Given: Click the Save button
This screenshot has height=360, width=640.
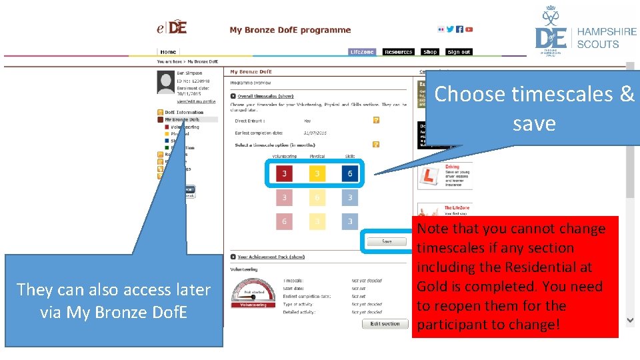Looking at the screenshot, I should click(387, 242).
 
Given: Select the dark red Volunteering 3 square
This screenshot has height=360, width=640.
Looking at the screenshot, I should click(285, 174).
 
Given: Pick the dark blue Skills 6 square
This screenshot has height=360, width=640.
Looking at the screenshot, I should click(350, 174).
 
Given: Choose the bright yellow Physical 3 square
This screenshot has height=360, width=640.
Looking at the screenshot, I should click(317, 174).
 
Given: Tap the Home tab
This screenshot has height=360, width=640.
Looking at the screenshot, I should click(168, 51).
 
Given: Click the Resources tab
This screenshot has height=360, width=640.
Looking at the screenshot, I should click(399, 52).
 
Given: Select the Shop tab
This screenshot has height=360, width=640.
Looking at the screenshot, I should click(430, 52).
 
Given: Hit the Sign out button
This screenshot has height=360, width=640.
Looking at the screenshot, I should click(459, 52).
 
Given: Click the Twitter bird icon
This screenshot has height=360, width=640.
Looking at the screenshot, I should click(450, 29).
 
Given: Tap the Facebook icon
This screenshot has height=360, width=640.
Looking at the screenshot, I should click(459, 29).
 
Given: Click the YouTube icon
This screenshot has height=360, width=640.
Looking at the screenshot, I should click(469, 29).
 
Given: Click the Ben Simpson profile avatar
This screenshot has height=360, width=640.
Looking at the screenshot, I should click(165, 82).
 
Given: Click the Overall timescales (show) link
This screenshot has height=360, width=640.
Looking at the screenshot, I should click(265, 96).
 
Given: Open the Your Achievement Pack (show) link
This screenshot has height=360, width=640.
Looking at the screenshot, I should click(271, 257).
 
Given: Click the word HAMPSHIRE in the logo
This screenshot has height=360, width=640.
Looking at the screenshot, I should click(606, 31).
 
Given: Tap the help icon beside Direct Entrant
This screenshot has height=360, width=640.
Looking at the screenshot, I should click(377, 121).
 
